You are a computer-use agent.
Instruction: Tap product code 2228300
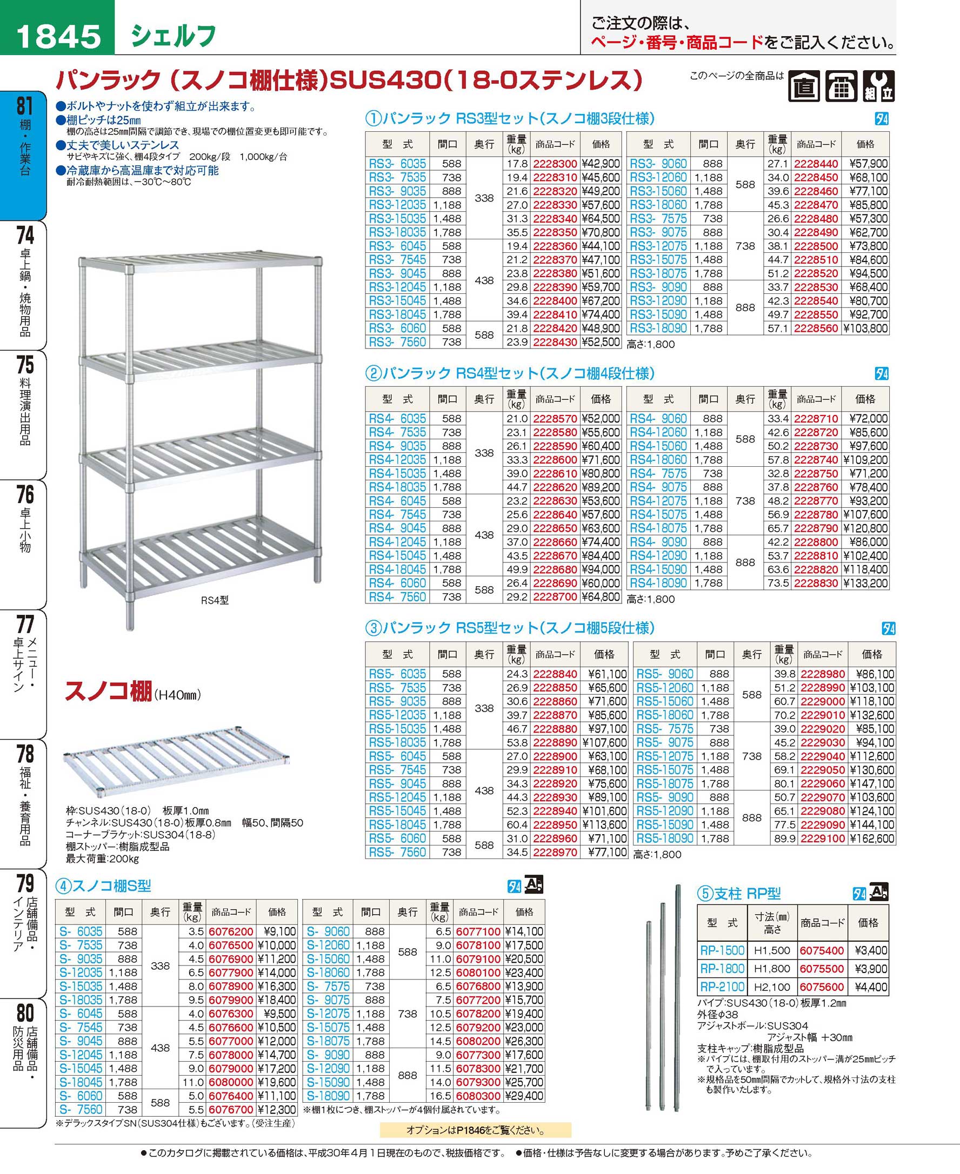[555, 164]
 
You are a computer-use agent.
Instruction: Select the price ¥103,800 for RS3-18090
[865, 328]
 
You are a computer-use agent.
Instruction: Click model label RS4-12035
[397, 460]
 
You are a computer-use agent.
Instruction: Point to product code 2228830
[816, 583]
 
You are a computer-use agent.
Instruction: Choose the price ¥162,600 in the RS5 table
[872, 838]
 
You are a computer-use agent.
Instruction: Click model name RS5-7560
[397, 853]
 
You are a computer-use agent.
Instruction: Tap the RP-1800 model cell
[722, 968]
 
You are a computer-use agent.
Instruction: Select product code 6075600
[822, 987]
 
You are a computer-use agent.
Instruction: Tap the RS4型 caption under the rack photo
[215, 600]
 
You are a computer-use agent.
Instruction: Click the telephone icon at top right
[842, 87]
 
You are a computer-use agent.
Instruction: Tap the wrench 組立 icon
[879, 87]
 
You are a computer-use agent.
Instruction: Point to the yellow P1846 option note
[476, 1130]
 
